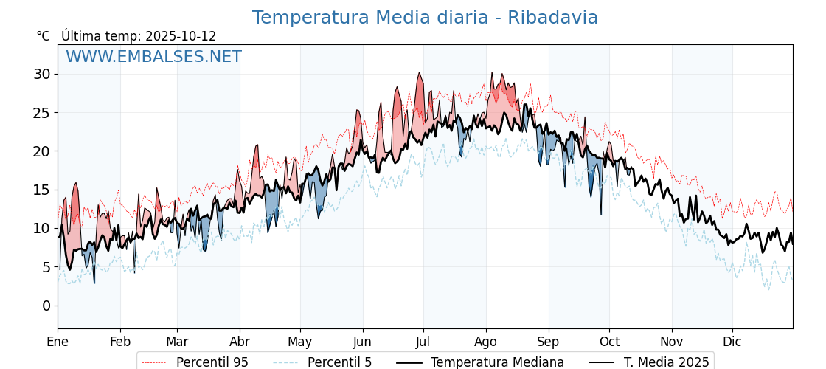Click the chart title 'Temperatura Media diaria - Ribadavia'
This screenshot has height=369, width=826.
(x=425, y=18)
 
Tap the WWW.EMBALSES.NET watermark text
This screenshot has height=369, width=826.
(x=153, y=57)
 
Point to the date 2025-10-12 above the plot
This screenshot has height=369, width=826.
(x=181, y=36)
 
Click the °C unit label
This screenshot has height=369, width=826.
(x=44, y=36)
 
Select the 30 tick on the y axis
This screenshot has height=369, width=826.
(x=42, y=74)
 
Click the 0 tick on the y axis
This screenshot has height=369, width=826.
(x=46, y=306)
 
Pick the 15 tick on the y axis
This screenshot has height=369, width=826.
(x=42, y=190)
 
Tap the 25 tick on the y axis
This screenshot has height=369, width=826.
(x=42, y=113)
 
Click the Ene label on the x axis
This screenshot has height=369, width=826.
(x=58, y=342)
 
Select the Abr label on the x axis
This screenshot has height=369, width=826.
(x=240, y=342)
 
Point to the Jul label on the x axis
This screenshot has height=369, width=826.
(x=423, y=342)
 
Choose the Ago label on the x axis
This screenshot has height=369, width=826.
(x=486, y=342)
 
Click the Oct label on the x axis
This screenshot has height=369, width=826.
(x=609, y=342)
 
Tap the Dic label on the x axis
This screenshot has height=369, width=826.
(x=732, y=342)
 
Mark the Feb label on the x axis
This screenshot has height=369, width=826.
(x=119, y=342)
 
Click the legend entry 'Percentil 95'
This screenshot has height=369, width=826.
(x=212, y=362)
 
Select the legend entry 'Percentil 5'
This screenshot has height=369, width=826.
(x=339, y=362)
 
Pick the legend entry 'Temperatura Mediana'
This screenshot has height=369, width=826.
(x=497, y=362)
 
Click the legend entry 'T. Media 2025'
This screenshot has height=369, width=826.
(x=666, y=362)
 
